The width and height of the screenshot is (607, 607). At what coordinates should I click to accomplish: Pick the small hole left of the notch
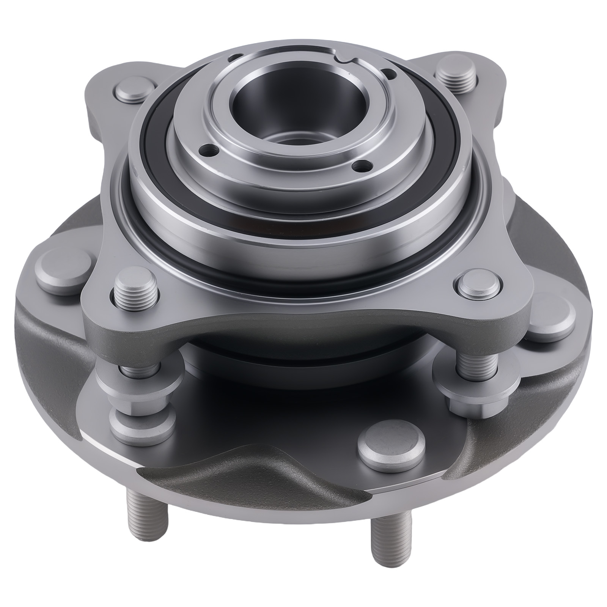[232, 58]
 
